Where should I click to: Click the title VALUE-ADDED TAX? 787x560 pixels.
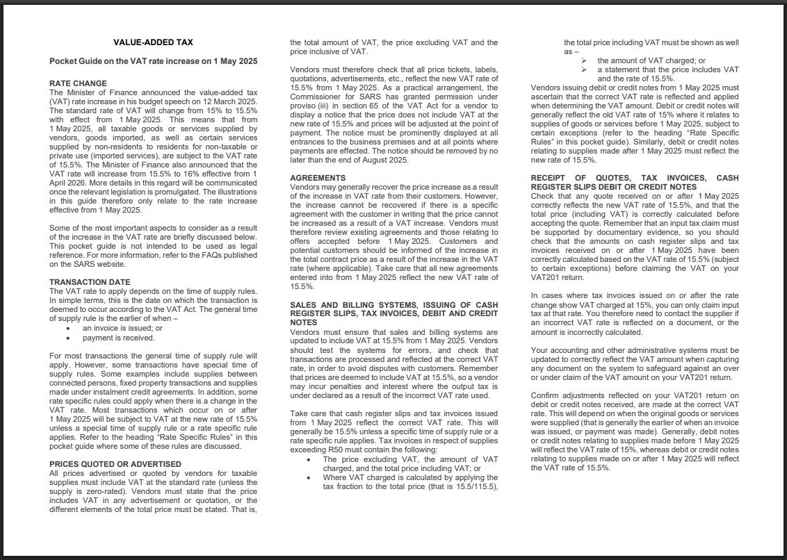click(x=153, y=42)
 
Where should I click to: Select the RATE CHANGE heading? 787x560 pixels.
click(x=78, y=83)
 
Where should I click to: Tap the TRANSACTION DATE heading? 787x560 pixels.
click(x=90, y=282)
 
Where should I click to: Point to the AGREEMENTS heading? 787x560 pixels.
click(x=317, y=179)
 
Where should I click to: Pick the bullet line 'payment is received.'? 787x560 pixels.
click(x=118, y=338)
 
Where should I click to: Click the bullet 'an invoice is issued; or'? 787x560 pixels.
click(x=122, y=328)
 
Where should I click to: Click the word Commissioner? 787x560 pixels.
click(x=311, y=97)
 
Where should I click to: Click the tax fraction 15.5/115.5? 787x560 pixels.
click(x=474, y=486)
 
